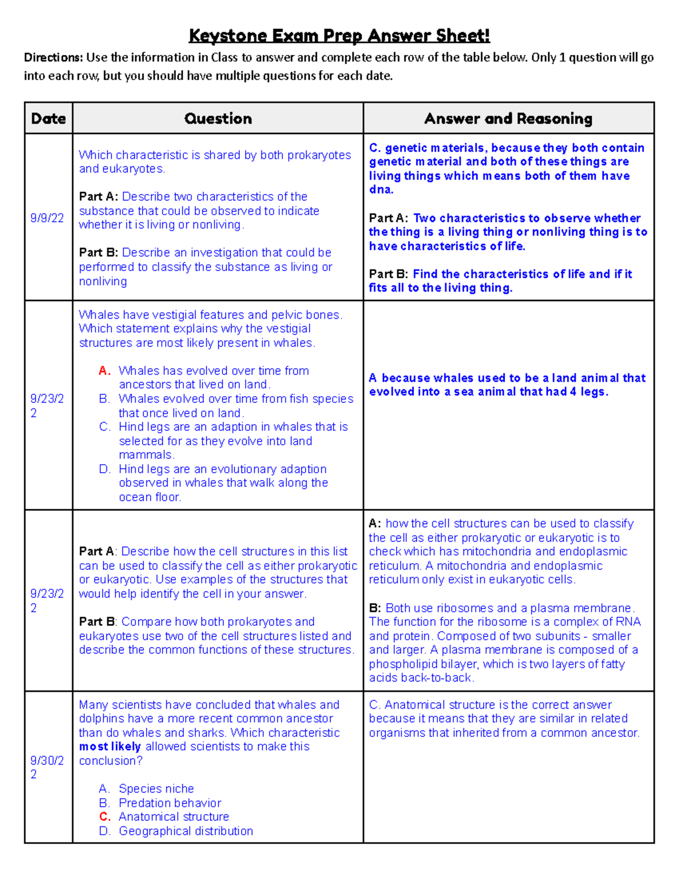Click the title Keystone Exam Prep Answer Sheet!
pos(339,36)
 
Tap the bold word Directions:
pos(53,57)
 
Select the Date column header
pos(48,118)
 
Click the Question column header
pos(218,118)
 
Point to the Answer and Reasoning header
pos(508,118)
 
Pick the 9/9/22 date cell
pos(47,218)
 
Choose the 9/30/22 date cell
pos(47,767)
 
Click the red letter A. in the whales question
pos(105,371)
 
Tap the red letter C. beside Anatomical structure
pos(105,817)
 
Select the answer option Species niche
pos(156,788)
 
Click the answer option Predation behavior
pos(170,803)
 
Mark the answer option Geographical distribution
pos(186,831)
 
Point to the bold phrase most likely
pos(110,747)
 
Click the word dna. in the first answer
pos(381,190)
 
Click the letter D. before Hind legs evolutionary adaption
pos(105,469)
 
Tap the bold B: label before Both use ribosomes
pos(375,608)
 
